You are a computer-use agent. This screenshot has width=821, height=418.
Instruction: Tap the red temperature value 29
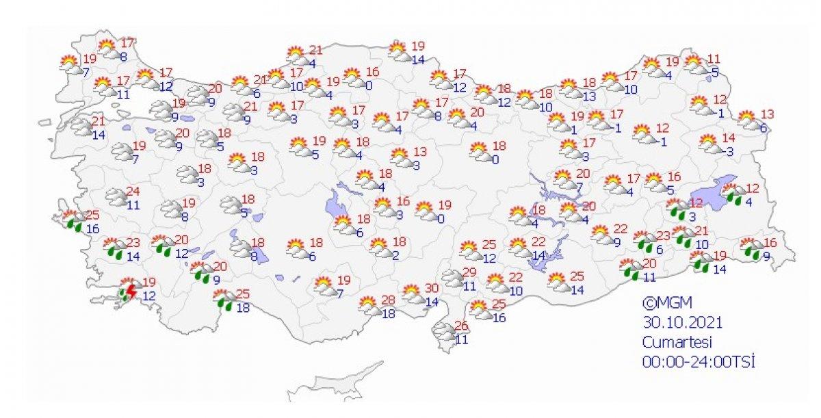tap(469, 272)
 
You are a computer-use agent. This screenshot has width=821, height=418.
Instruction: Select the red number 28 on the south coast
tap(388, 300)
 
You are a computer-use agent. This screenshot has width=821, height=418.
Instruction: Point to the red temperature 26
tap(461, 325)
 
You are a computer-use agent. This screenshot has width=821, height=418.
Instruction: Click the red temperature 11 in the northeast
tap(714, 58)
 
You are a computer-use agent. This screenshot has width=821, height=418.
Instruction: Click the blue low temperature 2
tap(396, 255)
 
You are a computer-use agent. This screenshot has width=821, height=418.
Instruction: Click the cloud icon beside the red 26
tap(445, 332)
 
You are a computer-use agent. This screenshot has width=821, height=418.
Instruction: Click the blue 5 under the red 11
tap(714, 71)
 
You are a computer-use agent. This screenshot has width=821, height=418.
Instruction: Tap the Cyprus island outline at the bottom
tap(339, 384)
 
